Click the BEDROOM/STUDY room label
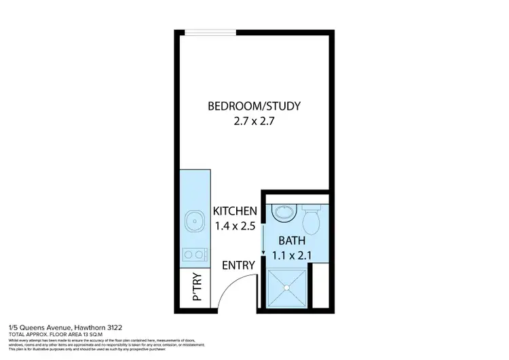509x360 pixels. coord(254,106)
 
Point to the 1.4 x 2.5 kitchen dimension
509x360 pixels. coord(235,227)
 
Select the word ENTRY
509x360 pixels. coord(239,265)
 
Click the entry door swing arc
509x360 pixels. coord(229,292)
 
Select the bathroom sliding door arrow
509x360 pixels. coord(263,238)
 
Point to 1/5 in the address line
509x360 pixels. coord(13,327)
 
